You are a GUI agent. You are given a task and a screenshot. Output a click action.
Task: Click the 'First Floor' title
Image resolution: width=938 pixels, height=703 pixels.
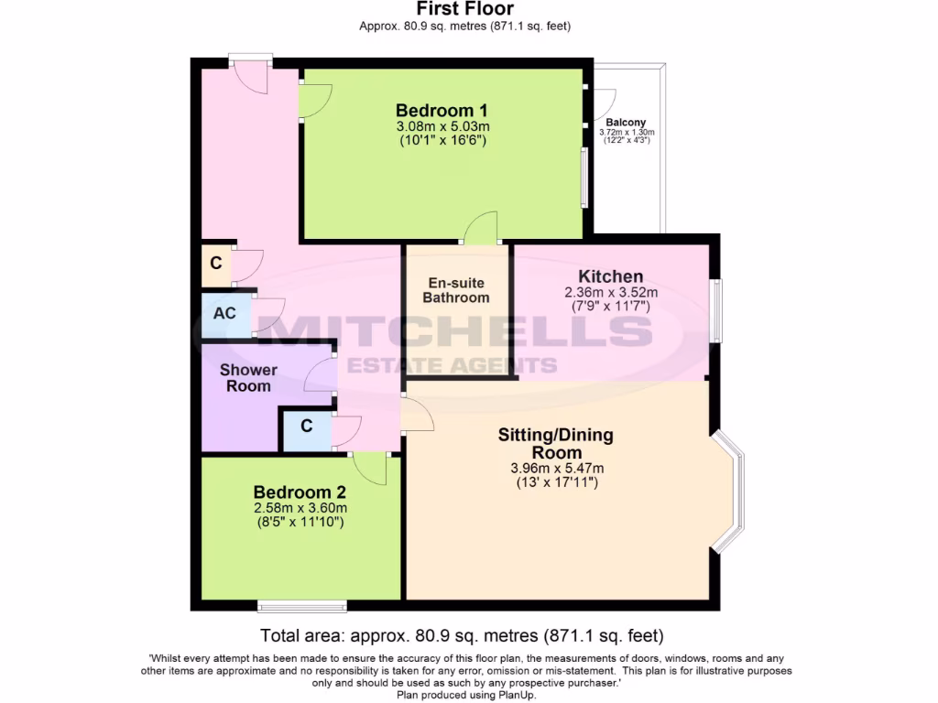click(x=464, y=9)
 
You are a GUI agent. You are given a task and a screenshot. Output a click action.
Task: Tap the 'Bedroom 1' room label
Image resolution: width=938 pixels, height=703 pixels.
click(x=442, y=110)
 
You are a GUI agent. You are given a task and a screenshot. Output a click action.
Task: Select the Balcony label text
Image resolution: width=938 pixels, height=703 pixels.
click(x=626, y=122)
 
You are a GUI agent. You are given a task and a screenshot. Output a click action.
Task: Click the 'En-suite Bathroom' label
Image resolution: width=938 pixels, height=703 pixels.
click(x=458, y=290)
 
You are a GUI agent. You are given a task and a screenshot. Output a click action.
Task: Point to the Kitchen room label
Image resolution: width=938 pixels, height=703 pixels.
click(x=610, y=276)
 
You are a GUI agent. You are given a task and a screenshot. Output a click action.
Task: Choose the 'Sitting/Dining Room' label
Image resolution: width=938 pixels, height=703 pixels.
click(x=556, y=443)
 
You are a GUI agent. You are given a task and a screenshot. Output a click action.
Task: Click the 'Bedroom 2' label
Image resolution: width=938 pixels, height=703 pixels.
click(x=300, y=491)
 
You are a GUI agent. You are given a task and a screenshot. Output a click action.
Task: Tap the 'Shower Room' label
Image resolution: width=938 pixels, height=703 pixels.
click(x=248, y=378)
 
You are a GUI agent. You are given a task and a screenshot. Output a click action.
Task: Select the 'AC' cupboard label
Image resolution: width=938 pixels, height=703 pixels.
click(x=224, y=313)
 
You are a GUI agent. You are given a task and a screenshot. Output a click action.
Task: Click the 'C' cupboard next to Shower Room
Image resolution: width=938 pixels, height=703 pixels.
click(x=306, y=427)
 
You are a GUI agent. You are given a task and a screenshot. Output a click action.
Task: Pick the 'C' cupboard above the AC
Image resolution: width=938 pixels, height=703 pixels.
click(x=215, y=264)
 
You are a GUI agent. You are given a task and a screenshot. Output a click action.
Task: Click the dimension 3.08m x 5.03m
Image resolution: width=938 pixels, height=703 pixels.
click(x=442, y=126)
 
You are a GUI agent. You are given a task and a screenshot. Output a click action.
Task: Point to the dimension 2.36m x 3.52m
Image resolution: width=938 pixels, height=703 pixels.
click(x=610, y=293)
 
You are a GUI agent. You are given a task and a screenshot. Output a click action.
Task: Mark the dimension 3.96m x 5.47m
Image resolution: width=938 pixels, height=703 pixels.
click(x=556, y=469)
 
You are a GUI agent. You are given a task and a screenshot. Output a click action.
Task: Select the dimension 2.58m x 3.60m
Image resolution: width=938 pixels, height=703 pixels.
click(x=300, y=508)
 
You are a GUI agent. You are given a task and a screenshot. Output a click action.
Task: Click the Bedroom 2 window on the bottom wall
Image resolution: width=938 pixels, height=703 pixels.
click(x=301, y=605)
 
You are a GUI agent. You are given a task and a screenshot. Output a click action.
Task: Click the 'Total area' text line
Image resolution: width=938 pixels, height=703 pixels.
click(x=462, y=635)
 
